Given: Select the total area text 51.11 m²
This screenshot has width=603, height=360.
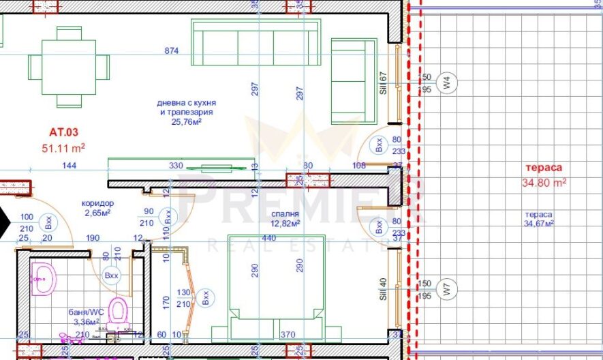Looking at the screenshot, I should (x=63, y=147).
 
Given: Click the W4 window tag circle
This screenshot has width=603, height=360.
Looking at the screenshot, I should (x=447, y=84).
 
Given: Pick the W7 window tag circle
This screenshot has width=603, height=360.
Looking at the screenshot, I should (x=447, y=290).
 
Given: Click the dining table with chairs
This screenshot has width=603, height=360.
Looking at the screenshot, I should (x=68, y=67).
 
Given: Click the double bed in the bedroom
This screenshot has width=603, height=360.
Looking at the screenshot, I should (x=276, y=286).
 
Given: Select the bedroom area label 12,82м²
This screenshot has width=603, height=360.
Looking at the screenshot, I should (x=285, y=224).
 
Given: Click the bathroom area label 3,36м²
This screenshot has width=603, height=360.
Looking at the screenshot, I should (x=87, y=321).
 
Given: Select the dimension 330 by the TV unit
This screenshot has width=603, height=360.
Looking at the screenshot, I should (x=176, y=166).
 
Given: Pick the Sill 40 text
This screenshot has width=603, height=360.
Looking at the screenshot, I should (x=383, y=288).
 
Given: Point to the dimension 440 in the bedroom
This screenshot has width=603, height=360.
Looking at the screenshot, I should (x=270, y=239).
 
